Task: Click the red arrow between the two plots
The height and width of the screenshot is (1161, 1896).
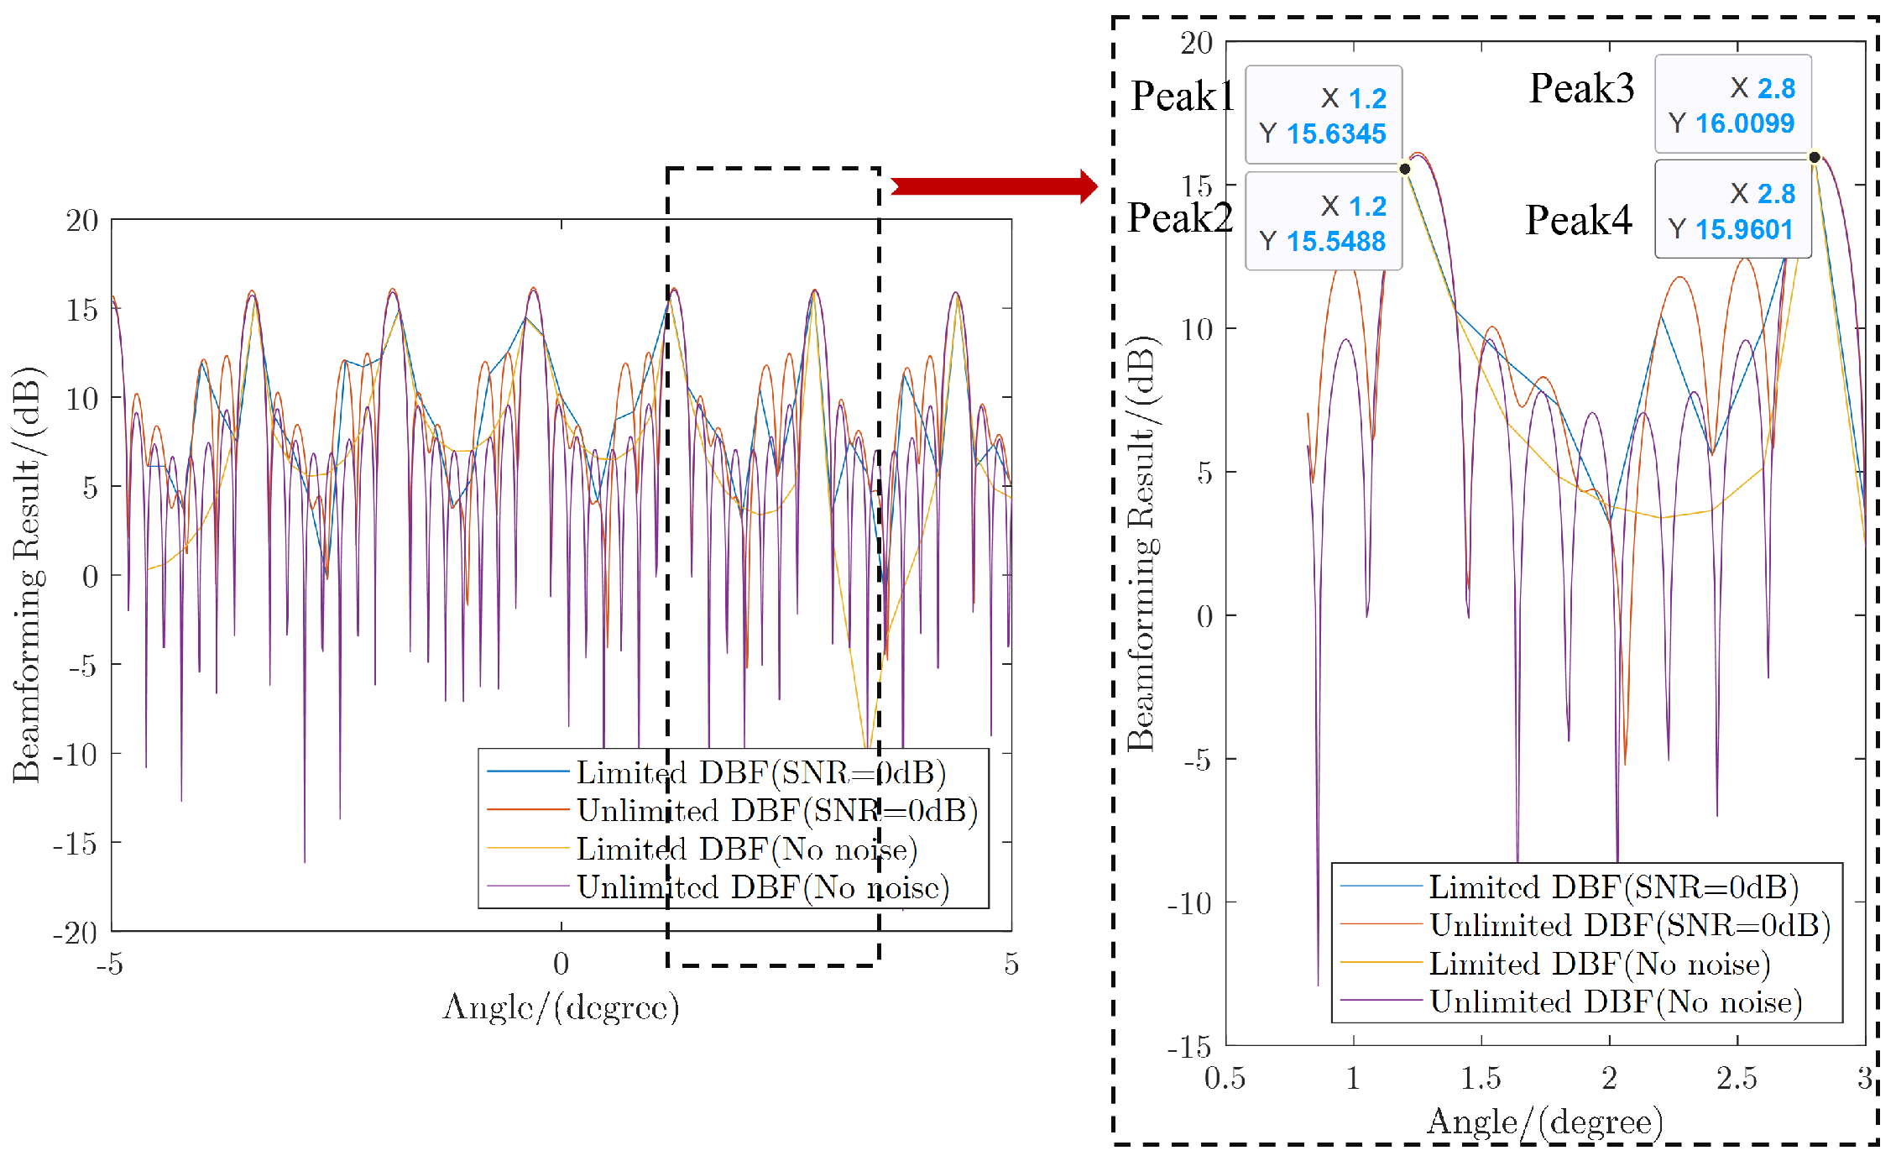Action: pos(994,186)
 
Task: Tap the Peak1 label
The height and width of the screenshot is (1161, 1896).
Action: pos(1182,97)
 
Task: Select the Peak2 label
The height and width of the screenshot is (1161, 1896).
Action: pos(1179,219)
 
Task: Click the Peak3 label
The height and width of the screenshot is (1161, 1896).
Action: pos(1581,89)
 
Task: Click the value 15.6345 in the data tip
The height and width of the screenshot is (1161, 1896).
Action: pos(1336,134)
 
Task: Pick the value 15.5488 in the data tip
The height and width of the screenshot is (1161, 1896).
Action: pos(1336,242)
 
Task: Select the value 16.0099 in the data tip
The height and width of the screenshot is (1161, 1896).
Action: pos(1744,123)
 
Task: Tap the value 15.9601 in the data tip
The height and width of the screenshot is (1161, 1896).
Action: pos(1744,229)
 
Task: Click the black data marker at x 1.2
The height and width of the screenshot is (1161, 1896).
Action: pos(1405,169)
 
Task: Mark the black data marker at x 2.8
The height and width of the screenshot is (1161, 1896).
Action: pos(1815,157)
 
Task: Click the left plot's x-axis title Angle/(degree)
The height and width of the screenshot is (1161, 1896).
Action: pos(561,1007)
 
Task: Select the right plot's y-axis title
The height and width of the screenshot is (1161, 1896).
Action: pos(1141,544)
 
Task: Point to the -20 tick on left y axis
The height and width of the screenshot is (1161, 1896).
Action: pos(76,933)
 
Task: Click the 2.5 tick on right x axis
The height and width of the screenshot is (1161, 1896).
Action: pos(1737,1078)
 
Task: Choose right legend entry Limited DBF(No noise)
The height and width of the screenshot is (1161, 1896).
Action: pos(1599,964)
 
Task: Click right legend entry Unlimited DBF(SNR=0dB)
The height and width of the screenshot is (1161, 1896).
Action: pos(1629,925)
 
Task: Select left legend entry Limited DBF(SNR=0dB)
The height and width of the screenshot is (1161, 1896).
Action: pos(760,772)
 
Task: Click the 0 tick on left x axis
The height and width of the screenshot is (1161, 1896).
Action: pos(561,964)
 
